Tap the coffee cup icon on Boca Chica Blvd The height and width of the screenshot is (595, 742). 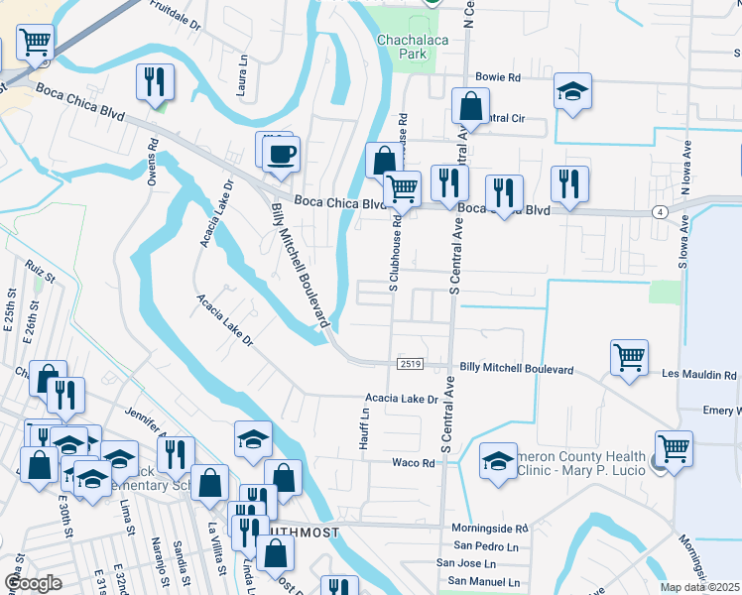pos(281,154)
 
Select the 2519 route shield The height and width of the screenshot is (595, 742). pos(411,365)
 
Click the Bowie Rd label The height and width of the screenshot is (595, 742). pos(497,76)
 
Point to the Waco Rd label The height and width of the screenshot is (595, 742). pos(414,463)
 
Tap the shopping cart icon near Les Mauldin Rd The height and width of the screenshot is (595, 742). pos(630,356)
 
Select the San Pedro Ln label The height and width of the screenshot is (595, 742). pos(487,546)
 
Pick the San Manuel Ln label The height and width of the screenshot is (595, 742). pos(485,580)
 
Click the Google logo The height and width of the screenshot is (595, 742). pos(33,582)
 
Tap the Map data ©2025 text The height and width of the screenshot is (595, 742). pos(699,587)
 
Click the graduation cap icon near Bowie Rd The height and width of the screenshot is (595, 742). pos(571,92)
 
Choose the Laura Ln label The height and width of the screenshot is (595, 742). pos(242,72)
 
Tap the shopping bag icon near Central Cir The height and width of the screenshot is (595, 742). pos(470,105)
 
